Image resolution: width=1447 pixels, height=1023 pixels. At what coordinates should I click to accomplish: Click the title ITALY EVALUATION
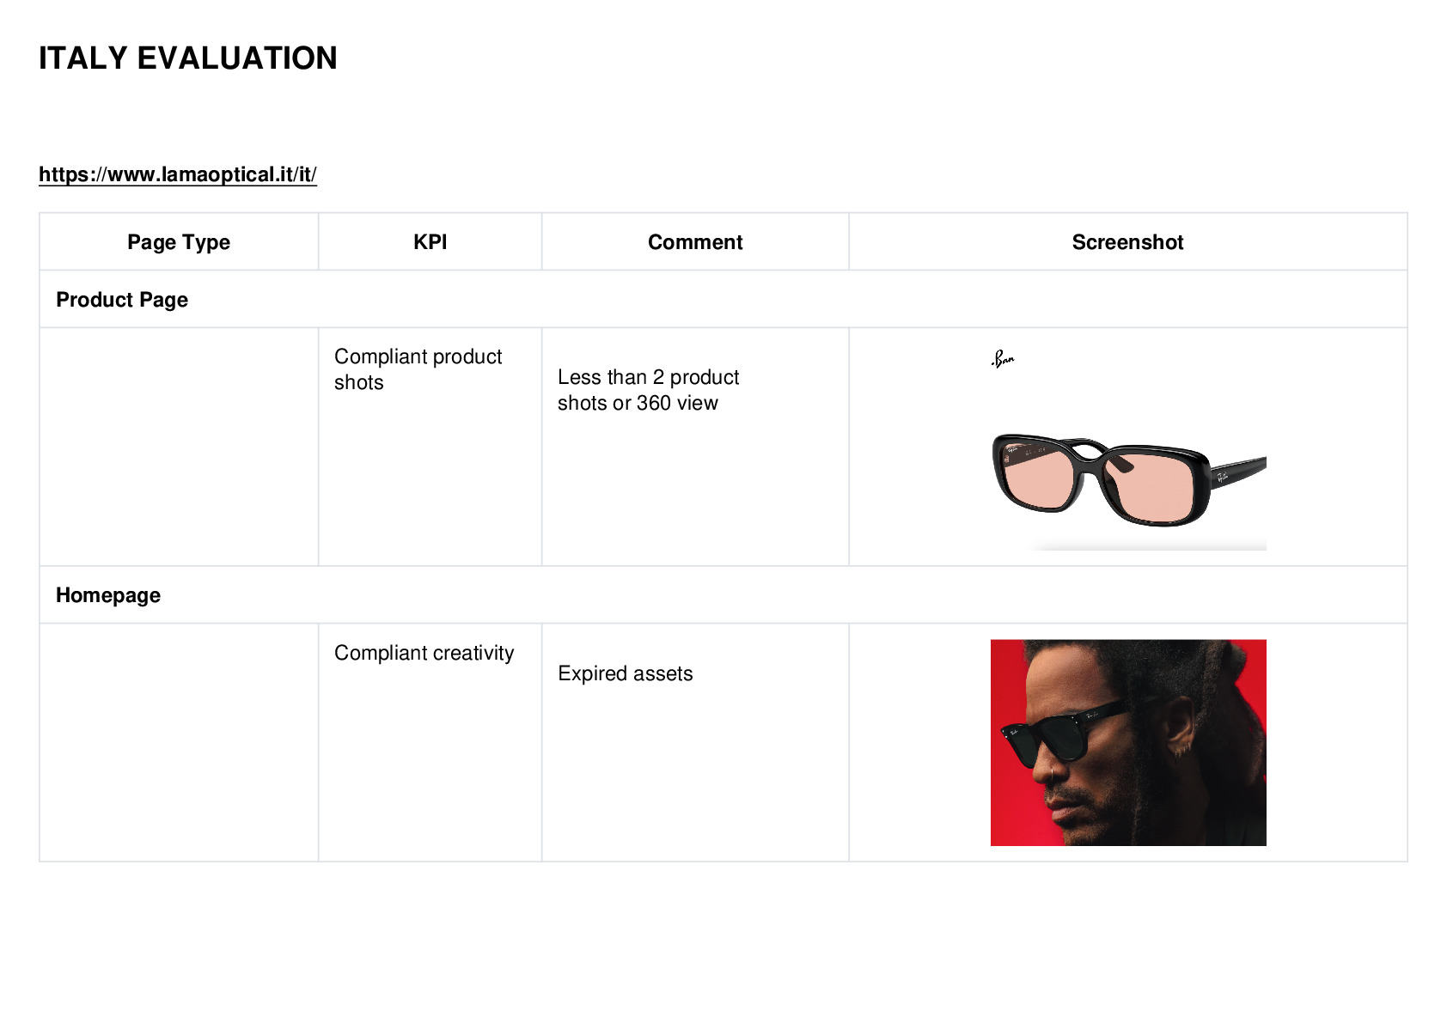click(188, 58)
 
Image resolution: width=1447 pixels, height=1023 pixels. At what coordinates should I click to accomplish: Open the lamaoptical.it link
click(178, 174)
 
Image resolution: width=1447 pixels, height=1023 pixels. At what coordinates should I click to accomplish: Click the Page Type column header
click(178, 242)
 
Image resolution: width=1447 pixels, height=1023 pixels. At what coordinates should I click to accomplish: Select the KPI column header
click(430, 241)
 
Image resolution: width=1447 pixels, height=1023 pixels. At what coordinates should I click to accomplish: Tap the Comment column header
click(695, 241)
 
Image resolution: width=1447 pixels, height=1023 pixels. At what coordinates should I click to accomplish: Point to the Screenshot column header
click(1127, 241)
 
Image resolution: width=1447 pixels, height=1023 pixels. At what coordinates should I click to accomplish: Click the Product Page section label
click(122, 300)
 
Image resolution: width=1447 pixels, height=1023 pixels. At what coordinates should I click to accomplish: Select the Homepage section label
click(108, 594)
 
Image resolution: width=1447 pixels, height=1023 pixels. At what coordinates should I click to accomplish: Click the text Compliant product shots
click(418, 369)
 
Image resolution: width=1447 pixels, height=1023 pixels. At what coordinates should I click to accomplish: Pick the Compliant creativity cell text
click(424, 653)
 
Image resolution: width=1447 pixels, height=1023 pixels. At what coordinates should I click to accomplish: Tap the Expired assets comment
click(626, 673)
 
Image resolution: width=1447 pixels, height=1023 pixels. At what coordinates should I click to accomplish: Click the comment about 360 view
click(648, 390)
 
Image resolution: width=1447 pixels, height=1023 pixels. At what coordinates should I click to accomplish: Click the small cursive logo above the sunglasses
click(1003, 359)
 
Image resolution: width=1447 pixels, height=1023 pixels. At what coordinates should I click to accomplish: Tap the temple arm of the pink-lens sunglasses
click(1237, 472)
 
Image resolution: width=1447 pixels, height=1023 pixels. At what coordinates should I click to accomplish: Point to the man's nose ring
click(1053, 772)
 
